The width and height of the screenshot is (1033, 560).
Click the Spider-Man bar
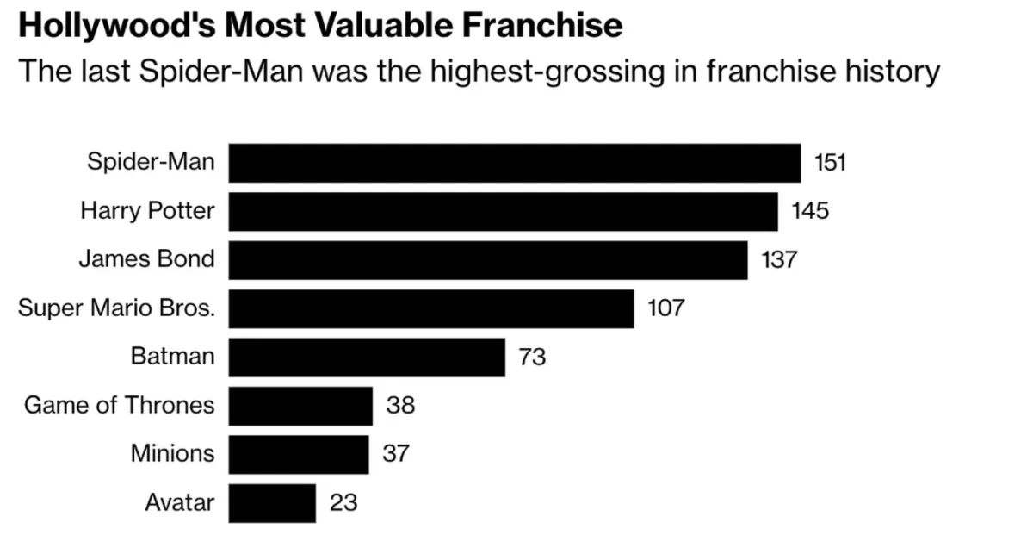click(514, 163)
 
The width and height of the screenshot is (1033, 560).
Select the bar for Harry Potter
click(503, 211)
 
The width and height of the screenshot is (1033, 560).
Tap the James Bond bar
click(487, 259)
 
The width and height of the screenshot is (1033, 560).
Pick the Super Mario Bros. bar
click(430, 308)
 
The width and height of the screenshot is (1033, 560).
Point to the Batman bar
click(366, 357)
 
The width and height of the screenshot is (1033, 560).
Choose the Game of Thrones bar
click(300, 405)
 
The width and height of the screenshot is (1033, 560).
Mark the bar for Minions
click(298, 454)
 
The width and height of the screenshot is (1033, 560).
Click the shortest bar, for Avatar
click(272, 502)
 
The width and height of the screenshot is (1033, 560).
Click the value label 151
click(829, 163)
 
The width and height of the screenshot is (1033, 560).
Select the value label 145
click(810, 211)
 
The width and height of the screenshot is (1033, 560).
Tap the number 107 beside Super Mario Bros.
click(665, 308)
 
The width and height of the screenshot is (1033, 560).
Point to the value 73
click(532, 357)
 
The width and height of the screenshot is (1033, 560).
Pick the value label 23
click(343, 502)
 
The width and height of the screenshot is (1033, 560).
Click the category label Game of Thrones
click(119, 405)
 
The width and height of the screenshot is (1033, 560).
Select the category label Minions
click(172, 454)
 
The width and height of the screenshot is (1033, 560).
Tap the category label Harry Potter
click(147, 211)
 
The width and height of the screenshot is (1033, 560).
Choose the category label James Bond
click(146, 259)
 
